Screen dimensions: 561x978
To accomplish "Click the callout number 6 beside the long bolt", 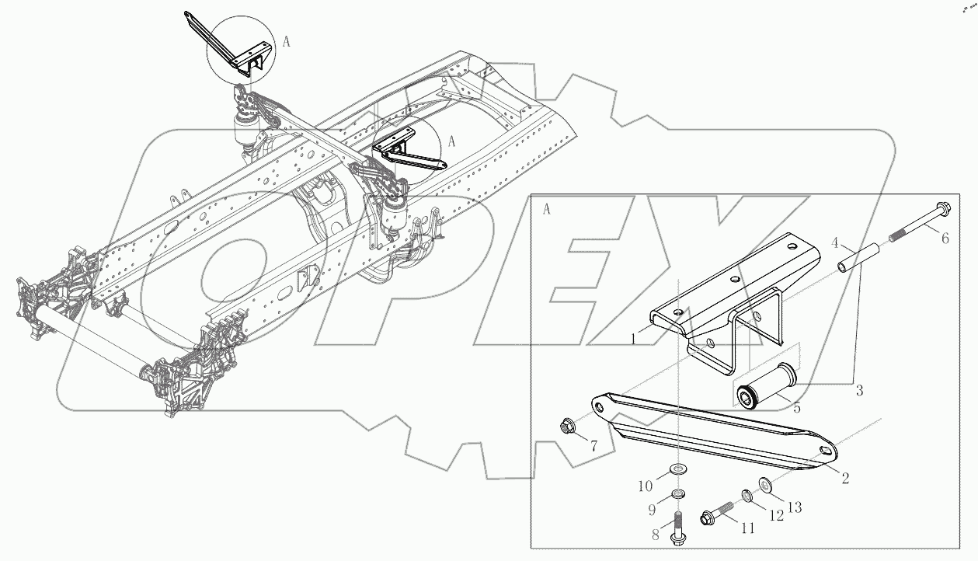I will coord(945,239).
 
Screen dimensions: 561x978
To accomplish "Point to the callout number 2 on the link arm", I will coord(844,479).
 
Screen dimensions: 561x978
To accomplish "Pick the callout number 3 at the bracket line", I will coord(859,391).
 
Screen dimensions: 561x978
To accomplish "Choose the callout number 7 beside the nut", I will coord(593,447).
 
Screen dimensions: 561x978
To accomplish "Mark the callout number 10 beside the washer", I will coord(645,486).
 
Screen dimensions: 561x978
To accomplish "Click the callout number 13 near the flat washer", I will coord(794,506).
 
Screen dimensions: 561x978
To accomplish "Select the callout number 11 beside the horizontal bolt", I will coord(747,528).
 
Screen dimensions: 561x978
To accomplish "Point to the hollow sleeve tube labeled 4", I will coord(861,258).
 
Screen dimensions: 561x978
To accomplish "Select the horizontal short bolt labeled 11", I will coord(719,514).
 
